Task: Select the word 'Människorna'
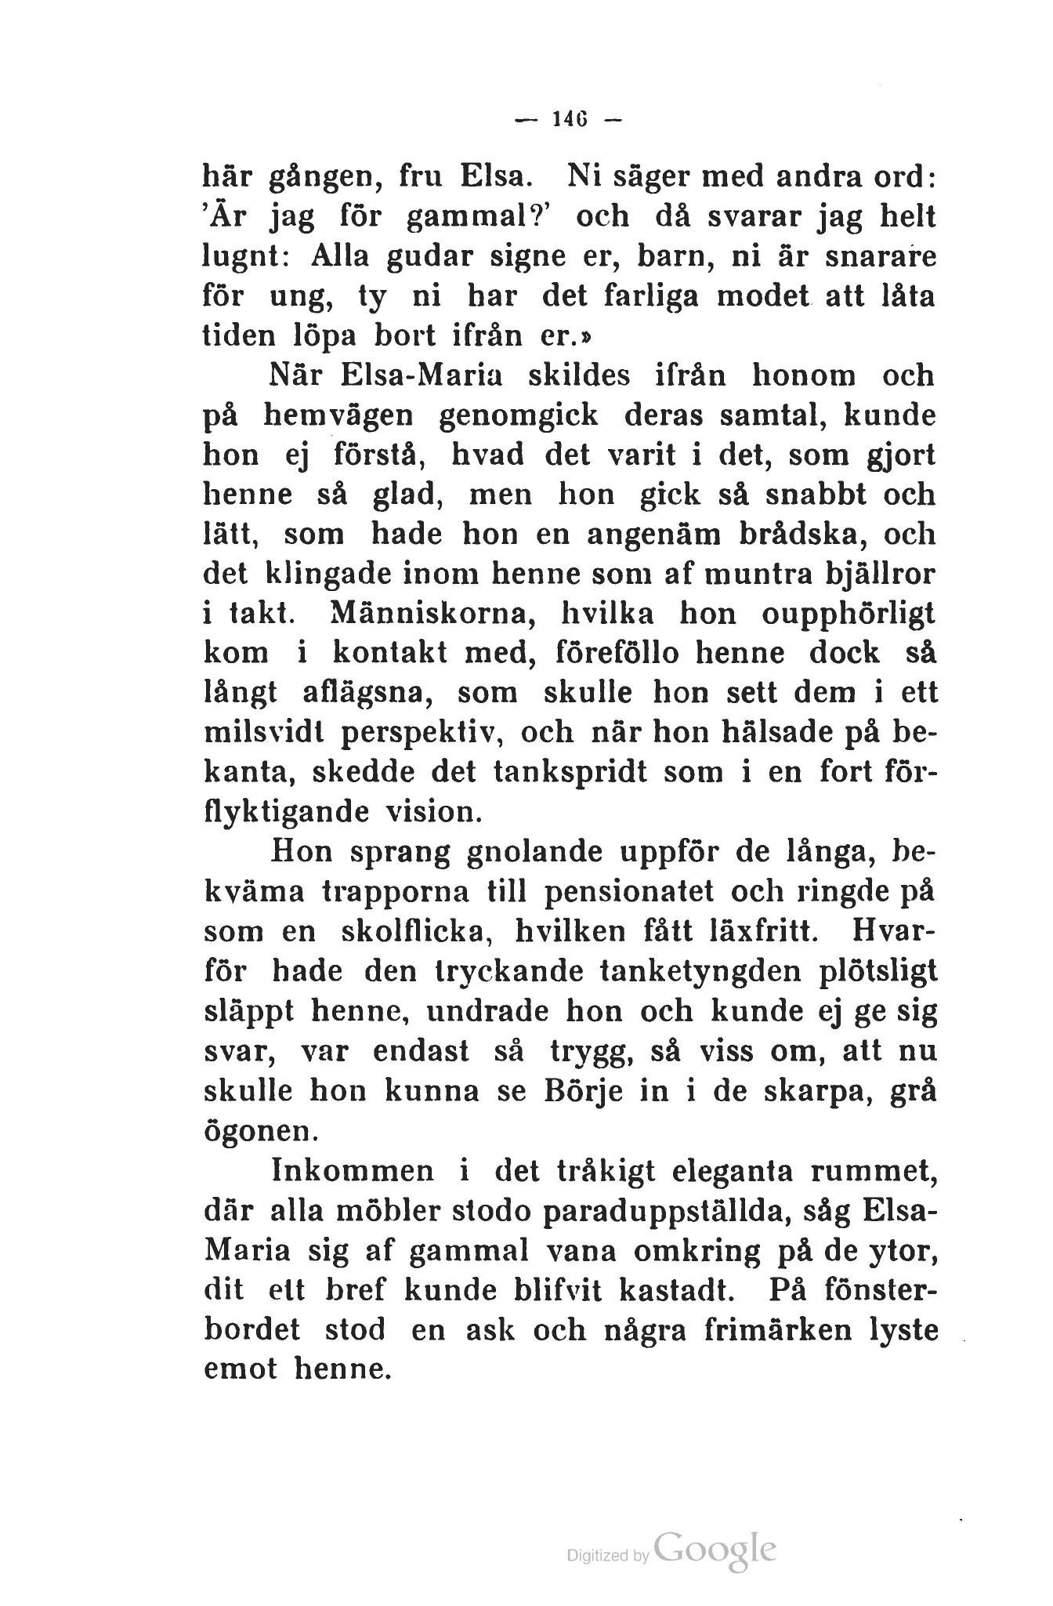coord(424,614)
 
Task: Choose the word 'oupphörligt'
coord(849,614)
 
